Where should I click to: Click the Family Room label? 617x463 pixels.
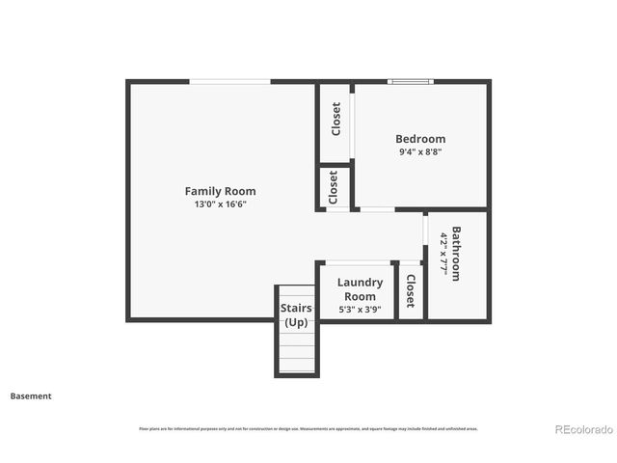(x=220, y=191)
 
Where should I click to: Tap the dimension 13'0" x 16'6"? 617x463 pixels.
(x=220, y=204)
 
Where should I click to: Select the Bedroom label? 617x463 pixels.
(x=420, y=139)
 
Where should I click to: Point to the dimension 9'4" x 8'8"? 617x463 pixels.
(x=420, y=152)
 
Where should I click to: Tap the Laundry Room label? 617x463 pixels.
(x=360, y=289)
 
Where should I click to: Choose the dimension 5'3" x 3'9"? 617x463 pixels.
(x=360, y=310)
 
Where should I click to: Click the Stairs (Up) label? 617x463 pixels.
(x=295, y=314)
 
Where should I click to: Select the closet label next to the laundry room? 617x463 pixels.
(x=410, y=290)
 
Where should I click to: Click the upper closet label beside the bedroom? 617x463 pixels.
(x=335, y=119)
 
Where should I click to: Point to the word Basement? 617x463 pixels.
(x=31, y=395)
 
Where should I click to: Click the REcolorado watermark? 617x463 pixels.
(x=582, y=429)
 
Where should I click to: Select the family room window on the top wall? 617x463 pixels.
(x=228, y=82)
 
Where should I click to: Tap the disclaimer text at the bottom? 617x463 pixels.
(x=308, y=428)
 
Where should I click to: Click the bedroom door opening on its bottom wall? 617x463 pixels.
(x=376, y=209)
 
